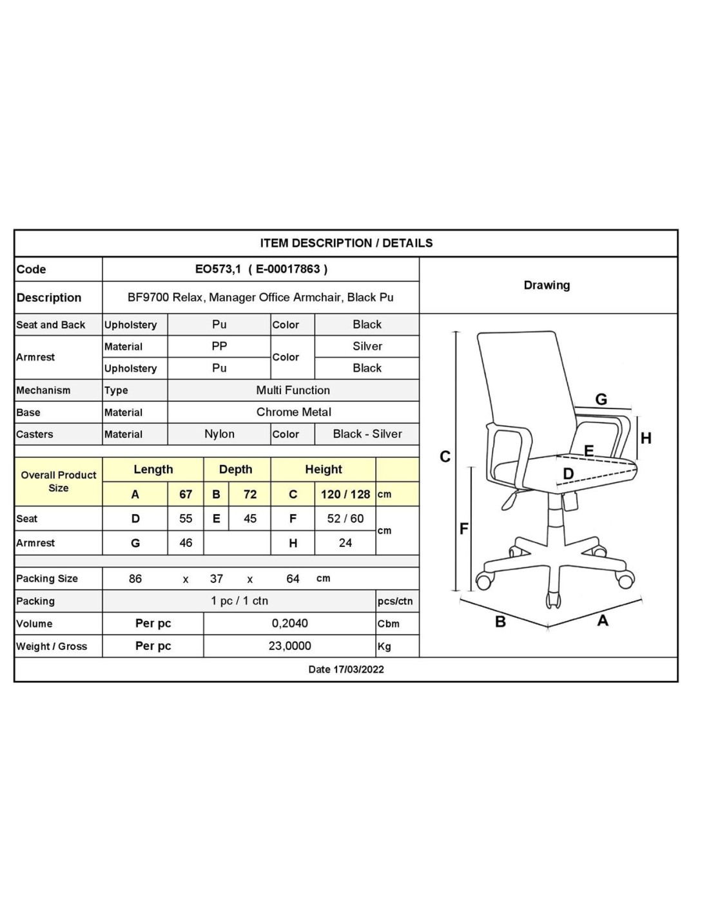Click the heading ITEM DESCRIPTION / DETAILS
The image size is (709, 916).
[x=346, y=243]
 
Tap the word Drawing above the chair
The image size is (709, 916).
[x=547, y=285]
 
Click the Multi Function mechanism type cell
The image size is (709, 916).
[x=293, y=390]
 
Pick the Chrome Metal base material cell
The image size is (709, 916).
[x=293, y=412]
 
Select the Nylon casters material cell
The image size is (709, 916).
[x=219, y=434]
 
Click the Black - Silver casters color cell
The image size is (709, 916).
[x=367, y=434]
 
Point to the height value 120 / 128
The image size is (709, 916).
[x=345, y=495]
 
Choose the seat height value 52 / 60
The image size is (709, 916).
[x=345, y=519]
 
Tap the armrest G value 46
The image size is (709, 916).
[x=186, y=543]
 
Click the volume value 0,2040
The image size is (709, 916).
[x=289, y=624]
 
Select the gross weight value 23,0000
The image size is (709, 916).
[x=289, y=646]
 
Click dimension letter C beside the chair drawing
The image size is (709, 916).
[x=445, y=457]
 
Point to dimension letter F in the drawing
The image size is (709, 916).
[x=463, y=529]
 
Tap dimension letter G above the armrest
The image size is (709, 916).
[x=601, y=399]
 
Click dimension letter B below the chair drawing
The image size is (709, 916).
[x=500, y=622]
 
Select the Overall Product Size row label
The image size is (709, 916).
[x=58, y=481]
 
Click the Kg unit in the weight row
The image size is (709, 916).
[x=384, y=647]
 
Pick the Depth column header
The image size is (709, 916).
[x=236, y=470]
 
